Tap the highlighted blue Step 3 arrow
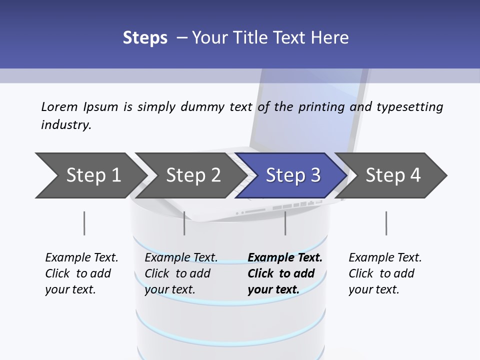(292, 175)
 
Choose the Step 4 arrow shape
(392, 175)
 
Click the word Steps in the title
(145, 37)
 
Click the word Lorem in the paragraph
(59, 106)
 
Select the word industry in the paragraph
(66, 124)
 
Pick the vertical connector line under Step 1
(84, 223)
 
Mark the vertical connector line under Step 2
(184, 223)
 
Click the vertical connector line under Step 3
(285, 223)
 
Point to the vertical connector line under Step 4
(386, 223)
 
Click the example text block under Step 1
(81, 273)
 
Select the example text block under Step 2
(181, 273)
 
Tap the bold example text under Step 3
(284, 273)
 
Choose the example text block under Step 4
(385, 273)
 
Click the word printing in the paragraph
(321, 107)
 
